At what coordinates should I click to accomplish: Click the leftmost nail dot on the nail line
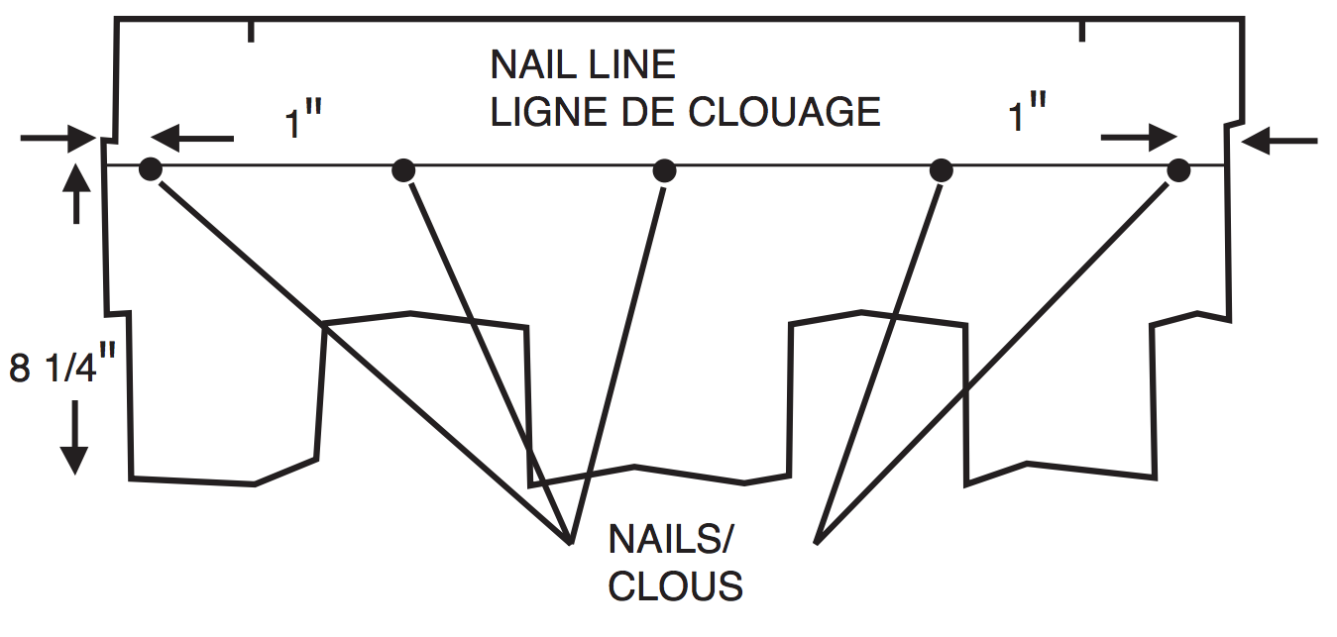150,169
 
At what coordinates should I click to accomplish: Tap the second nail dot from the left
402,170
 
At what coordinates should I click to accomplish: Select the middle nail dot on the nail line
665,170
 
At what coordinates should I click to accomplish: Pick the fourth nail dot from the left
941,170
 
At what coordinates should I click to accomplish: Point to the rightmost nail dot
1178,170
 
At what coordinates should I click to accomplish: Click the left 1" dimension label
304,123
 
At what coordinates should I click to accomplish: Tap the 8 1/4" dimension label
56,369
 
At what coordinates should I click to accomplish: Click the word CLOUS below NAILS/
675,586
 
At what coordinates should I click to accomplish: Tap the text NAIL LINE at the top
583,65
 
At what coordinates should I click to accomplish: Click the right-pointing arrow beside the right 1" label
1139,139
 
